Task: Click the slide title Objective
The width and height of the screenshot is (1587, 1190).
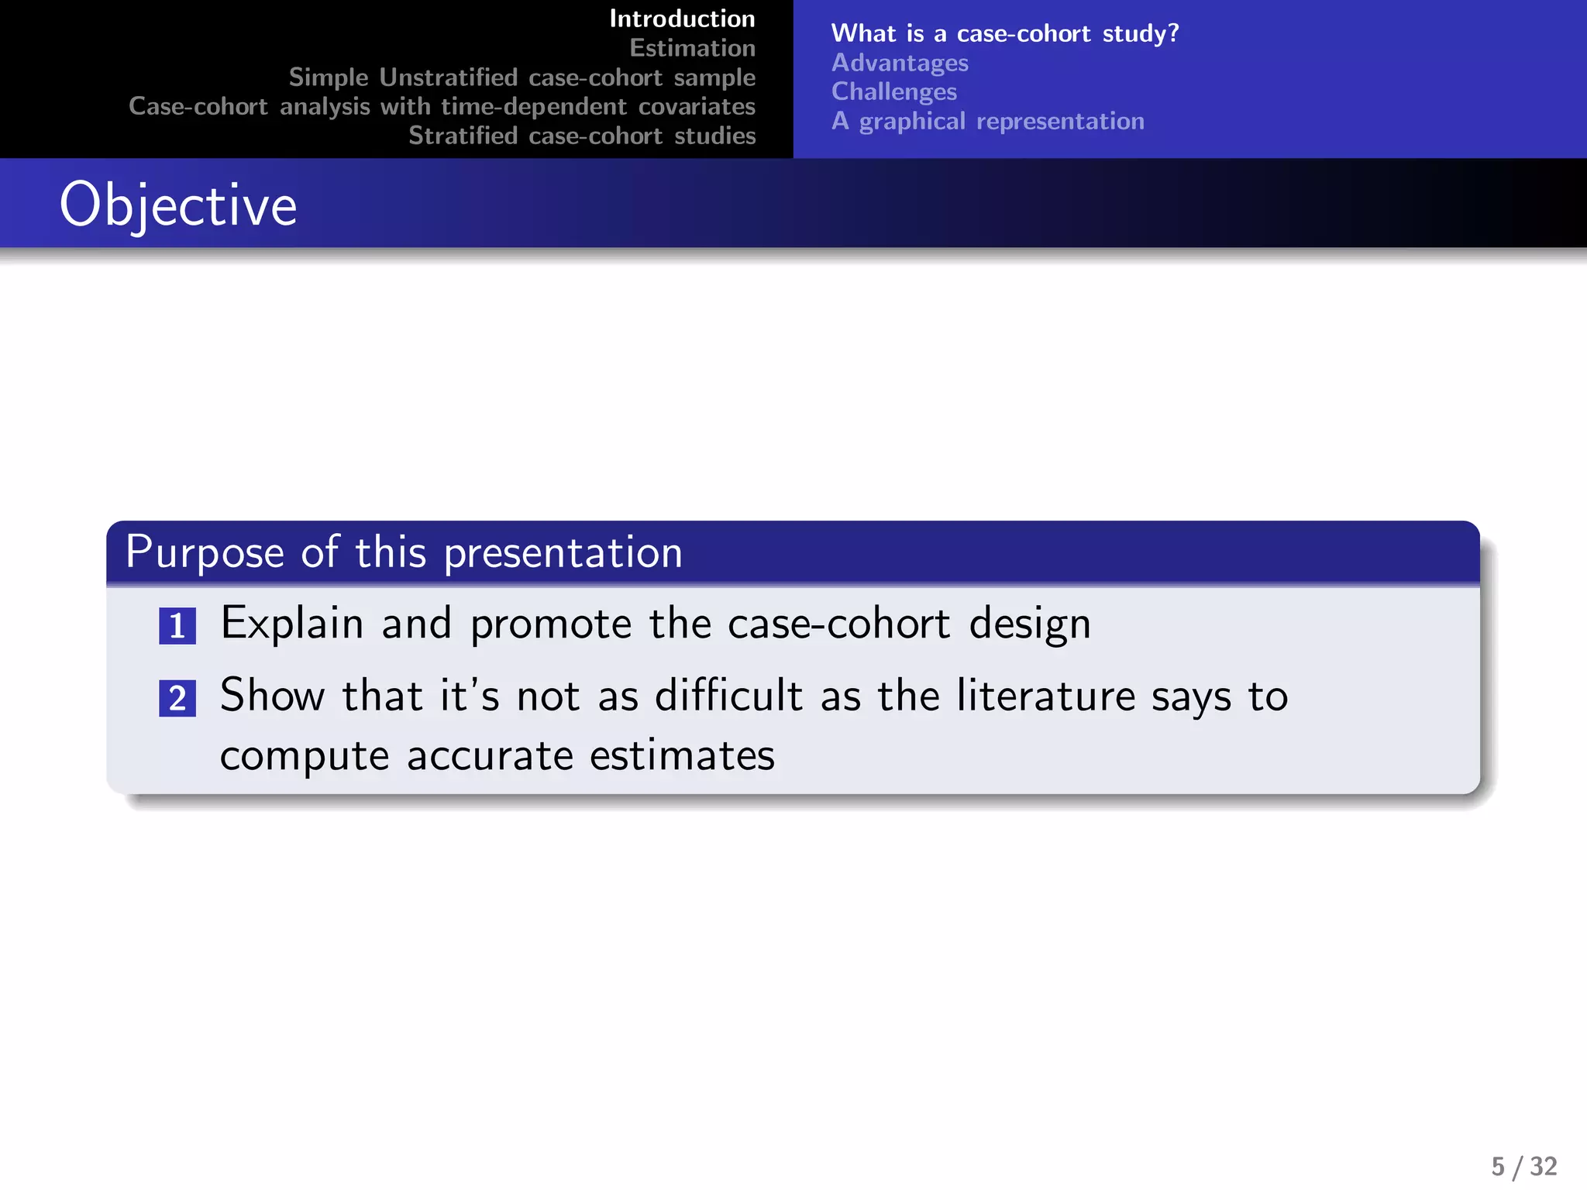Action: pos(178,205)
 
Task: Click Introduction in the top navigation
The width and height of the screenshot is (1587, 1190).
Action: pos(682,19)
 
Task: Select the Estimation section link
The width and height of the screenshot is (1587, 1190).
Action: pos(692,48)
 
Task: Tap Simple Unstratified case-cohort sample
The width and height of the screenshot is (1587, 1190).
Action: pos(522,77)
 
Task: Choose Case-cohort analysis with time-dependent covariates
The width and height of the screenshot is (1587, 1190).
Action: pos(442,106)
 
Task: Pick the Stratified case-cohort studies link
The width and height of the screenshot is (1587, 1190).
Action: pos(582,136)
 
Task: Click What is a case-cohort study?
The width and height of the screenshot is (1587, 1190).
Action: pos(1004,33)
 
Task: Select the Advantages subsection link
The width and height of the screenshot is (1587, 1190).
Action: pos(900,63)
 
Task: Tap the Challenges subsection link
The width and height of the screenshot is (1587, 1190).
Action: pos(893,91)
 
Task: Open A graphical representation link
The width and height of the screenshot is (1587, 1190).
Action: pos(987,121)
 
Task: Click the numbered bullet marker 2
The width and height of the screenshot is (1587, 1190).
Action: pos(177,698)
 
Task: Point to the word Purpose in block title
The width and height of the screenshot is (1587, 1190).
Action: pos(205,553)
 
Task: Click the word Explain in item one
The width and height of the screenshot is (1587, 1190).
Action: pos(291,624)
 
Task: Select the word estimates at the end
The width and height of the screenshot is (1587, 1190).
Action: pos(682,755)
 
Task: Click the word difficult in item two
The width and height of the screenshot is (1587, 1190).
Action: pos(728,696)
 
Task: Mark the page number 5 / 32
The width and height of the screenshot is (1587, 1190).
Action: pos(1523,1166)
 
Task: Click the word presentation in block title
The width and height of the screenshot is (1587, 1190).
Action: pos(563,553)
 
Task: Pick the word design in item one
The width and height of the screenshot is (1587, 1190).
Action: pos(1030,624)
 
